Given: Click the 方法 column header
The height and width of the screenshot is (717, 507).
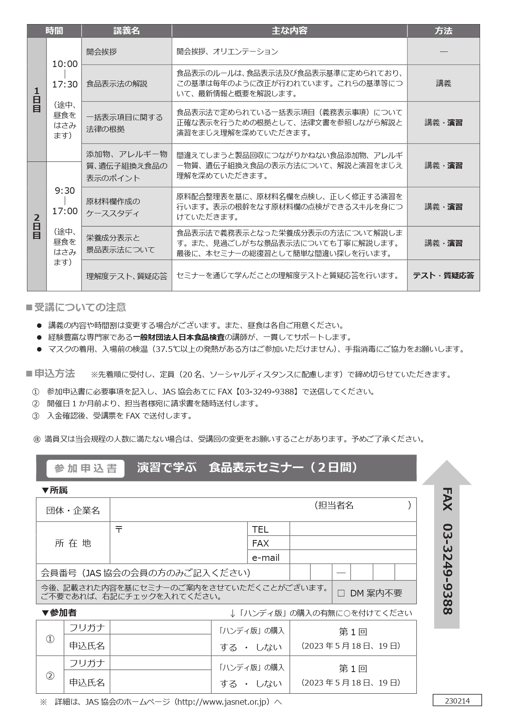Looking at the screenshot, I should (x=443, y=31).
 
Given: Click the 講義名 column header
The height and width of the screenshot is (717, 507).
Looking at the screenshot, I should (x=126, y=31).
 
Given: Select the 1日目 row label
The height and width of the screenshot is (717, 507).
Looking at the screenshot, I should (x=37, y=100).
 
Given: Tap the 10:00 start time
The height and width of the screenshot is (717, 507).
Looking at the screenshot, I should (x=65, y=64).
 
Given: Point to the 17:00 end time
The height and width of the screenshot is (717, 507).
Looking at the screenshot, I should (x=65, y=211).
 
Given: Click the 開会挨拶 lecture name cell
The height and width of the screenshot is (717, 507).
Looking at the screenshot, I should (x=102, y=52).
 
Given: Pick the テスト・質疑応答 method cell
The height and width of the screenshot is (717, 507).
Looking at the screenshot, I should (x=443, y=276).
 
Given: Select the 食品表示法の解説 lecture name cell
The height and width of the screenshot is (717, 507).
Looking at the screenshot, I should (x=117, y=83).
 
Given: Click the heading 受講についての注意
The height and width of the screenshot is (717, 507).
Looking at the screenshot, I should (x=80, y=307).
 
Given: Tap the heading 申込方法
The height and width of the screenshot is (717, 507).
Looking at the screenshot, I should (x=54, y=374).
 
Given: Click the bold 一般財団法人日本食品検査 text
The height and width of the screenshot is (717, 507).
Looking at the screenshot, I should (x=179, y=337).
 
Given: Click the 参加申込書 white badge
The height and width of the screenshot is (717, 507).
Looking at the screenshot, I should (x=85, y=468).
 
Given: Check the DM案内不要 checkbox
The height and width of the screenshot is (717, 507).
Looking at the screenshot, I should (x=341, y=593).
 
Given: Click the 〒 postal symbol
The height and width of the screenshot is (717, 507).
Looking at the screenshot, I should (x=118, y=529).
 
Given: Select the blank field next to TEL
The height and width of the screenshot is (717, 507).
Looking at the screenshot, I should (x=353, y=529).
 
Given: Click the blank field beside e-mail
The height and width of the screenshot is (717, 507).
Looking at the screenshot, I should (x=353, y=557).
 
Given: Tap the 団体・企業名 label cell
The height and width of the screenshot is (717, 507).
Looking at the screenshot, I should (x=73, y=511).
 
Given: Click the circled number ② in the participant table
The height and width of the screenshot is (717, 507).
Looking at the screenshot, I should (x=50, y=676).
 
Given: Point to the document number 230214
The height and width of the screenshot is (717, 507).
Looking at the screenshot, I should (x=457, y=701).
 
